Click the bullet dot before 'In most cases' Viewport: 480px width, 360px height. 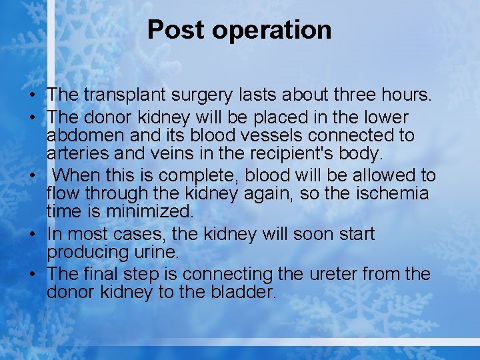click(33, 235)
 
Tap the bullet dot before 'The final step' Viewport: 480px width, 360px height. click(33, 275)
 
